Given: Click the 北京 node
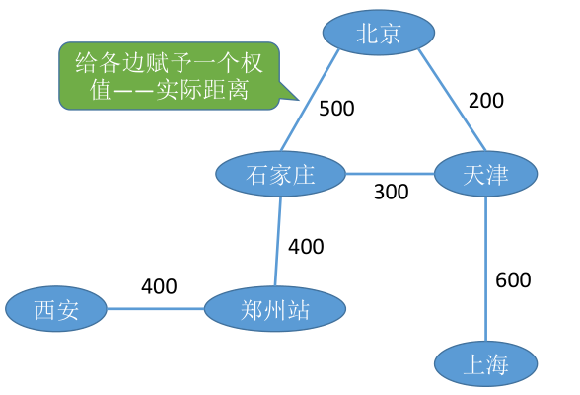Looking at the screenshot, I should click(x=378, y=34).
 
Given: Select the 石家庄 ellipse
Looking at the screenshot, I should click(x=280, y=175).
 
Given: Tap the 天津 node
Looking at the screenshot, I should click(x=484, y=175).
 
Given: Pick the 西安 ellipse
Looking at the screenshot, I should click(x=55, y=309).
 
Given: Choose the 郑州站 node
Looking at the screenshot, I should click(x=275, y=309).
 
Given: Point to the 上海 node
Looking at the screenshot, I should click(x=485, y=365).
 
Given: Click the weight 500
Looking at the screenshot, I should click(x=336, y=109).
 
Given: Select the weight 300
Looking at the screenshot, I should click(x=391, y=192).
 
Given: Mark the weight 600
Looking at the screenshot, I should click(x=513, y=280).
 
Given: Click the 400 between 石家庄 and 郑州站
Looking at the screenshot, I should click(x=306, y=246).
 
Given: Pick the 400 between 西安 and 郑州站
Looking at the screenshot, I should click(x=159, y=287).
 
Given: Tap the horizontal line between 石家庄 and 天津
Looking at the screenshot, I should click(x=390, y=175).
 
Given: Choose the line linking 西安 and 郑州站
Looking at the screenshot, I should click(x=155, y=309).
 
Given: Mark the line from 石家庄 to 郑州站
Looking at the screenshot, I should click(x=278, y=242).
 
